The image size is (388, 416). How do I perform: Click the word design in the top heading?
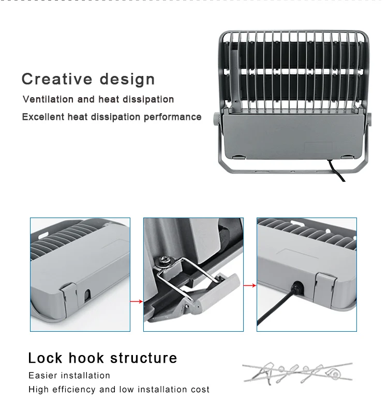click(x=127, y=79)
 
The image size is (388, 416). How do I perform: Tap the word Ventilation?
click(x=49, y=99)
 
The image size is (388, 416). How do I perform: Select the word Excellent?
click(x=43, y=117)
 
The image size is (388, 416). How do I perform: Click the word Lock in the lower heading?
click(x=46, y=358)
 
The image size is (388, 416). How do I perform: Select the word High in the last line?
click(x=38, y=390)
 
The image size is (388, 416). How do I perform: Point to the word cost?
click(x=200, y=390)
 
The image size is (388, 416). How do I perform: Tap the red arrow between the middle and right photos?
click(x=250, y=285)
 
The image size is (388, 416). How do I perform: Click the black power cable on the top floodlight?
click(x=338, y=172)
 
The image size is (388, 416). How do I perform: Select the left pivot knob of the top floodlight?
click(x=215, y=118)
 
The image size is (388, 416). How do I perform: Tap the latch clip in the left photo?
click(x=69, y=295)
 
